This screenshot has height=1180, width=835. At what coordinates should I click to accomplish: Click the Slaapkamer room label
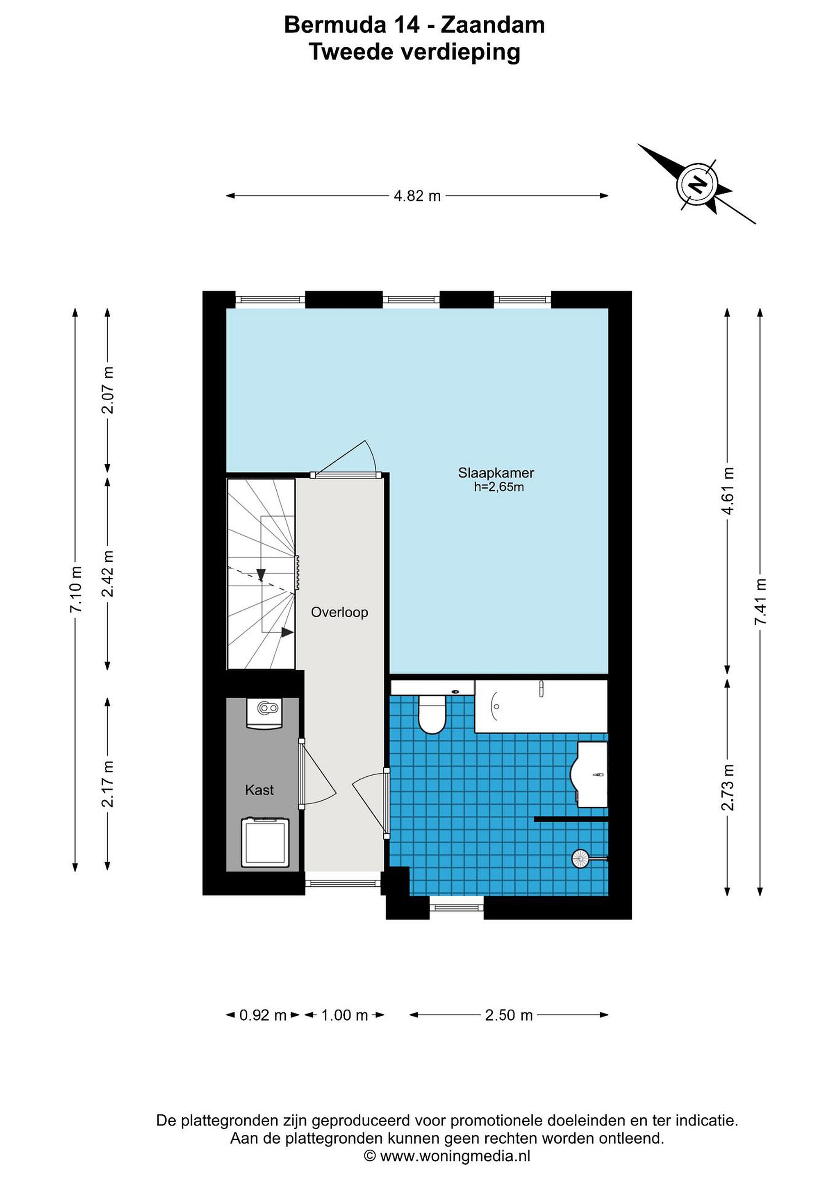point(496,473)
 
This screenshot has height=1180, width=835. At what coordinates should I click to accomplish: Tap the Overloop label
point(339,612)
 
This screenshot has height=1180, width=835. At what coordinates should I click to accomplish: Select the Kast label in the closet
point(259,790)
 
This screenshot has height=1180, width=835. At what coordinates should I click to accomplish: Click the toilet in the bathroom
point(432,714)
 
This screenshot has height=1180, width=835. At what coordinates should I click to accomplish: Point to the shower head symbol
point(580,858)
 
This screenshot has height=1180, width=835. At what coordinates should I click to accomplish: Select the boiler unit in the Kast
point(264,713)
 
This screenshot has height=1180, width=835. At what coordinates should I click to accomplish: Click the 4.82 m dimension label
point(417,196)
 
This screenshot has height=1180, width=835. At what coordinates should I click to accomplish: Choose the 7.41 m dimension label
point(760,602)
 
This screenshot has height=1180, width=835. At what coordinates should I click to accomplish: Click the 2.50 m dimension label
point(509,1015)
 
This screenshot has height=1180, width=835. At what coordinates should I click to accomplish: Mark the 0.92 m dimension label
point(263,1015)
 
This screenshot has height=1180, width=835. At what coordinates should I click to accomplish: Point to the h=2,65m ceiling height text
point(499,487)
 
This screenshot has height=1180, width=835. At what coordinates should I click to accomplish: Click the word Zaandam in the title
point(493,25)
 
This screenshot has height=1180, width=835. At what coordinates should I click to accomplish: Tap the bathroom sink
point(591,774)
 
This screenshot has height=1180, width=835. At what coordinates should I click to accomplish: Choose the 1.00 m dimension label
point(344,1015)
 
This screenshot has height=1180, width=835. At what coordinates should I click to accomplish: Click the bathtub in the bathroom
point(541,706)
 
